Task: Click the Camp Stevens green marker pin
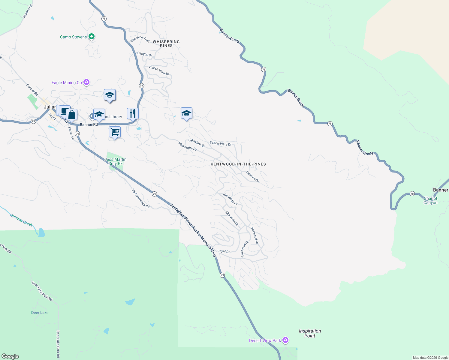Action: pyautogui.click(x=92, y=37)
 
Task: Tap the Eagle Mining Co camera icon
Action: pyautogui.click(x=86, y=82)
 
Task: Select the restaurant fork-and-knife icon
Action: pyautogui.click(x=132, y=114)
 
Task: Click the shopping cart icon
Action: pyautogui.click(x=115, y=132)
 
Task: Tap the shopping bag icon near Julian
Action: pyautogui.click(x=72, y=115)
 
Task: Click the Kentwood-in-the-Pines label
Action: pyautogui.click(x=238, y=164)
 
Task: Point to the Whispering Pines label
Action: pyautogui.click(x=166, y=43)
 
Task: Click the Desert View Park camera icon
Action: pyautogui.click(x=285, y=340)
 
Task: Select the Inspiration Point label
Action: pyautogui.click(x=310, y=333)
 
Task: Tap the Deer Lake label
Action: pyautogui.click(x=40, y=313)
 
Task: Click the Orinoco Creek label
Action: pyautogui.click(x=21, y=220)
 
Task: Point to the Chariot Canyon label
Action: pyautogui.click(x=430, y=200)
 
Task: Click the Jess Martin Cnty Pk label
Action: pyautogui.click(x=116, y=161)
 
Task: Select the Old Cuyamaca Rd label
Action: pyautogui.click(x=140, y=198)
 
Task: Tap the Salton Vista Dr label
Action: pyautogui.click(x=221, y=144)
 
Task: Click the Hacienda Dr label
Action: pyautogui.click(x=230, y=199)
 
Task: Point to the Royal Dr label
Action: pyautogui.click(x=224, y=251)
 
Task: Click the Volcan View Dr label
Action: pyautogui.click(x=159, y=70)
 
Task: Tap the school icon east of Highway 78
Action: pyautogui.click(x=186, y=113)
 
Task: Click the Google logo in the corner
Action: pyautogui.click(x=10, y=356)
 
